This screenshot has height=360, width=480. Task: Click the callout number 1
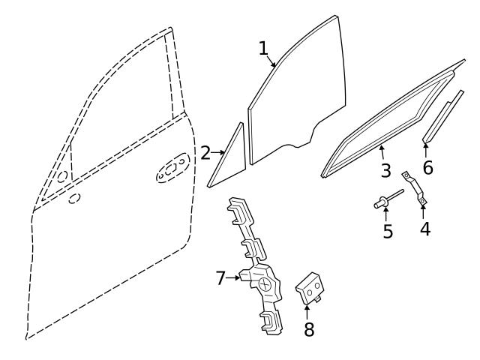tap(263, 48)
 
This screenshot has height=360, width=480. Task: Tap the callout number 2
tap(205, 153)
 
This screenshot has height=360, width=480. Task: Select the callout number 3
tap(385, 170)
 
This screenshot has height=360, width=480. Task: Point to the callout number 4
tap(425, 228)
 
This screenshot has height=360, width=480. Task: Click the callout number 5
tap(388, 231)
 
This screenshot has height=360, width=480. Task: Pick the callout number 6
tap(427, 167)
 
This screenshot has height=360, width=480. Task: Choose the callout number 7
tap(220, 278)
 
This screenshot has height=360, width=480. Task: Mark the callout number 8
tap(309, 328)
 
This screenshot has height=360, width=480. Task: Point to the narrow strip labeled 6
tap(442, 116)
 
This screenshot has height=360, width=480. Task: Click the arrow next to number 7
tap(235, 277)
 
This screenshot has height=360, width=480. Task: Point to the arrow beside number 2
tap(219, 153)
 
